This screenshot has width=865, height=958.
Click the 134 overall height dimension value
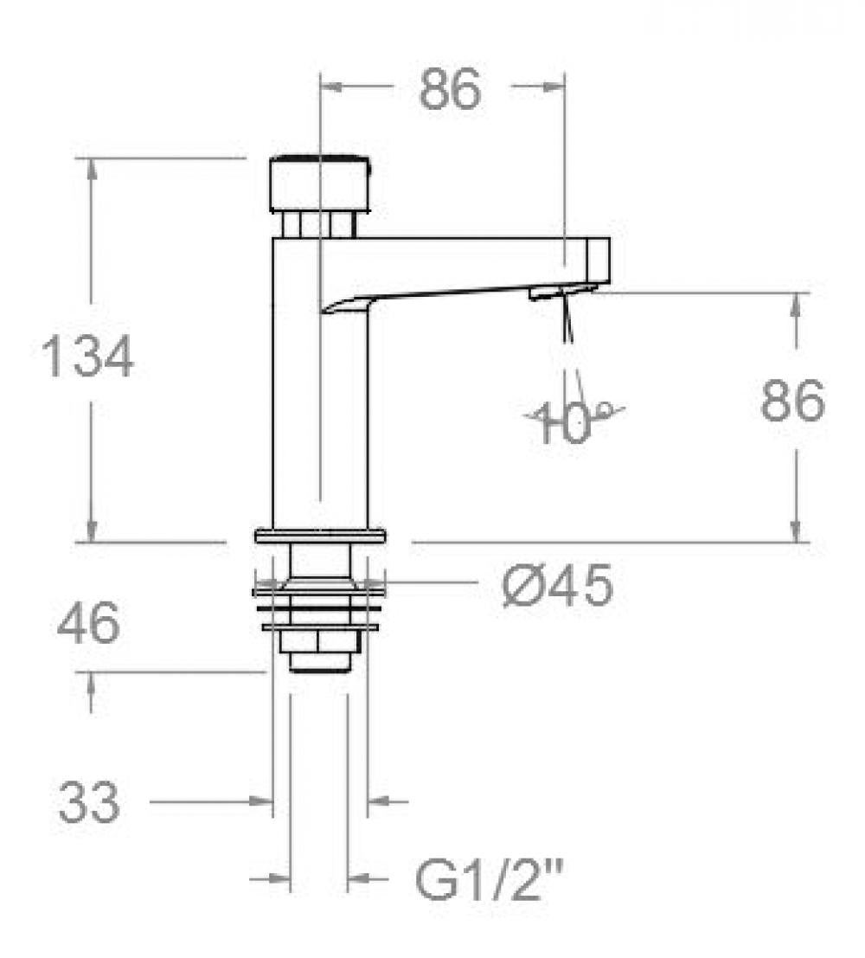(88, 357)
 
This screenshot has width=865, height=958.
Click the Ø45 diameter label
(557, 586)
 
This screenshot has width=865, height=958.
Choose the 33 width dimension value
(89, 804)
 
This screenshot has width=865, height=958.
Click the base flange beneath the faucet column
(320, 537)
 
